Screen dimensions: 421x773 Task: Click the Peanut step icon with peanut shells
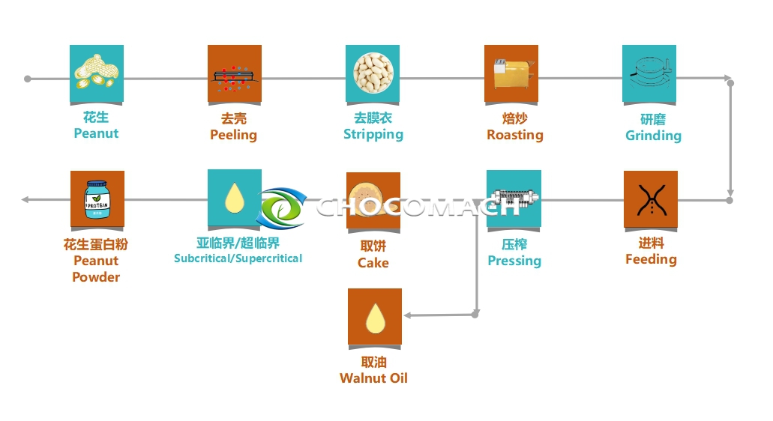pyautogui.click(x=97, y=73)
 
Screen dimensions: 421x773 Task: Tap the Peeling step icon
pyautogui.click(x=235, y=73)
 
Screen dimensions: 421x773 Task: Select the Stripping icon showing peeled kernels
pyautogui.click(x=373, y=73)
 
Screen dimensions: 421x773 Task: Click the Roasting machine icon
pyautogui.click(x=511, y=73)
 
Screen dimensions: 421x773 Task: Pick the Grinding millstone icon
pyautogui.click(x=649, y=73)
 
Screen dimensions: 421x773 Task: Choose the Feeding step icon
pyautogui.click(x=651, y=199)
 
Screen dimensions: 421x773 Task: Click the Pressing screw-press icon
pyautogui.click(x=514, y=199)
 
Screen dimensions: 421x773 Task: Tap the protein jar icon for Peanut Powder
pyautogui.click(x=97, y=199)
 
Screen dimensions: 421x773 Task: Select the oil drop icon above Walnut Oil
pyautogui.click(x=375, y=316)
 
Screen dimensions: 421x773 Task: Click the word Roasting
pyautogui.click(x=515, y=135)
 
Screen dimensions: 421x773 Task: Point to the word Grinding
pyautogui.click(x=653, y=136)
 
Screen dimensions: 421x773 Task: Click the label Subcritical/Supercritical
pyautogui.click(x=238, y=258)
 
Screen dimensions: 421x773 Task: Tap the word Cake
pyautogui.click(x=373, y=263)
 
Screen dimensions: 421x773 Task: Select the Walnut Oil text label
pyautogui.click(x=373, y=378)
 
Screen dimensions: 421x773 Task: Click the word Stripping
pyautogui.click(x=373, y=135)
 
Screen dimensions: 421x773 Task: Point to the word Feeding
pyautogui.click(x=651, y=259)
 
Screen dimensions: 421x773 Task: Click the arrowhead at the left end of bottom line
pyautogui.click(x=25, y=199)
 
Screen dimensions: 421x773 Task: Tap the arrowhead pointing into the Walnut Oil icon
pyautogui.click(x=407, y=315)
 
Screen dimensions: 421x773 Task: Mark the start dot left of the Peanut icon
pyautogui.click(x=28, y=78)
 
